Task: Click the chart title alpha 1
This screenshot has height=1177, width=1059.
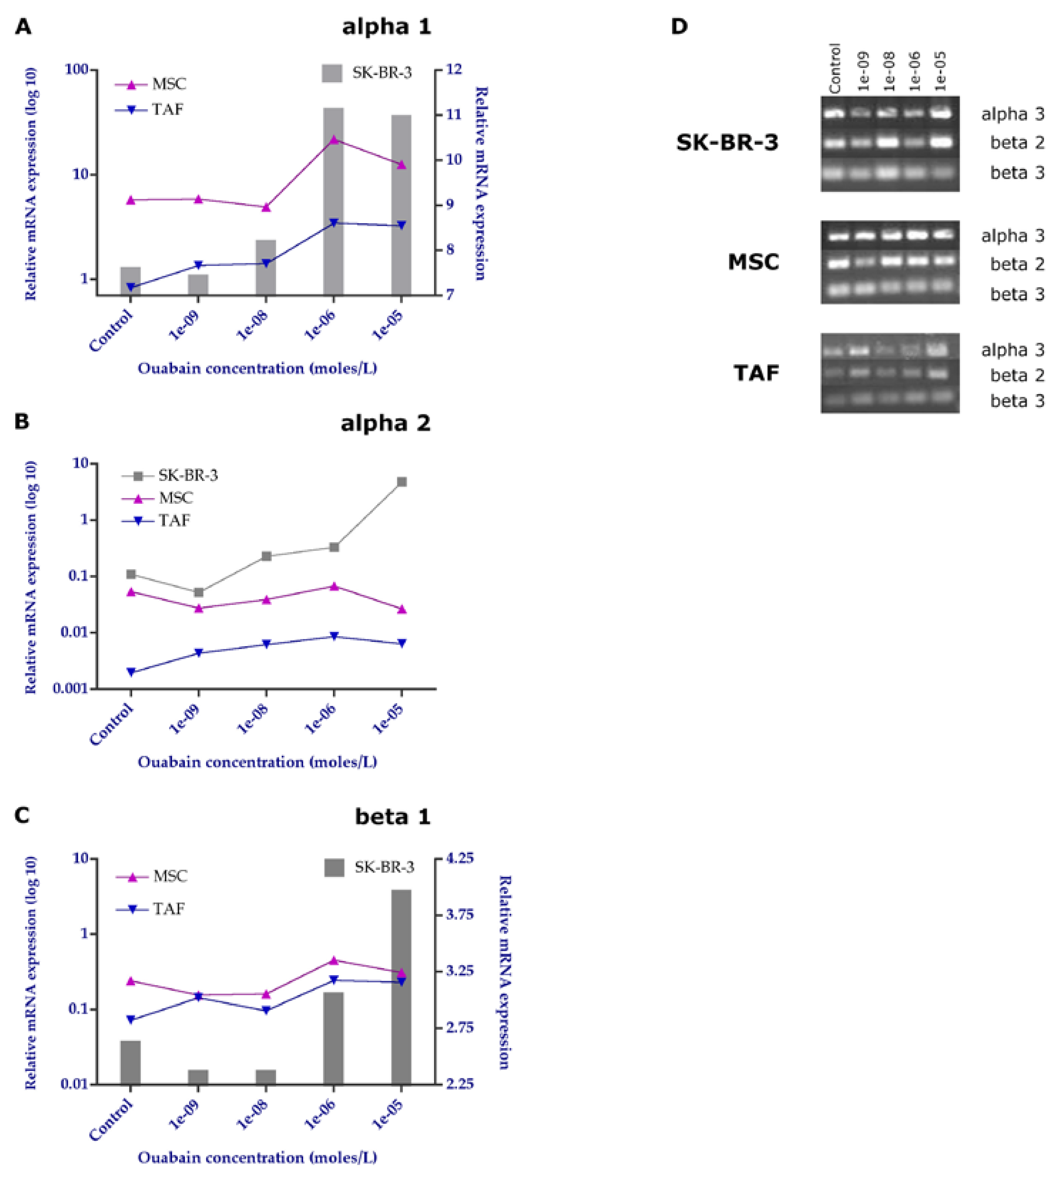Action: click(x=386, y=27)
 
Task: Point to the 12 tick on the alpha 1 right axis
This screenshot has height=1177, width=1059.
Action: click(x=454, y=69)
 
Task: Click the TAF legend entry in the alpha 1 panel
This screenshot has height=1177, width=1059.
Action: click(x=167, y=109)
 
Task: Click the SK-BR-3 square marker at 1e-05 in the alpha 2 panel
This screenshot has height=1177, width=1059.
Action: click(x=401, y=481)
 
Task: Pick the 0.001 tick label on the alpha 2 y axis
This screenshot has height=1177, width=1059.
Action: click(x=71, y=689)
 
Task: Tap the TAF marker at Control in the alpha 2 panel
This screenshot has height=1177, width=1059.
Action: click(x=131, y=672)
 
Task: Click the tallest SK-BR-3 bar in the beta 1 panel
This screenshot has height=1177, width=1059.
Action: click(x=401, y=989)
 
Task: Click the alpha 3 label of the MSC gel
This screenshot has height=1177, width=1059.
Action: click(x=1012, y=236)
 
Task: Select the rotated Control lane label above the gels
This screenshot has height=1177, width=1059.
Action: click(x=835, y=69)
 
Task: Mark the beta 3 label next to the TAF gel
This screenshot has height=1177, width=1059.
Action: click(x=1017, y=401)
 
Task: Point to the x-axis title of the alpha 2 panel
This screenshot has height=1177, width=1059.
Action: click(x=257, y=762)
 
